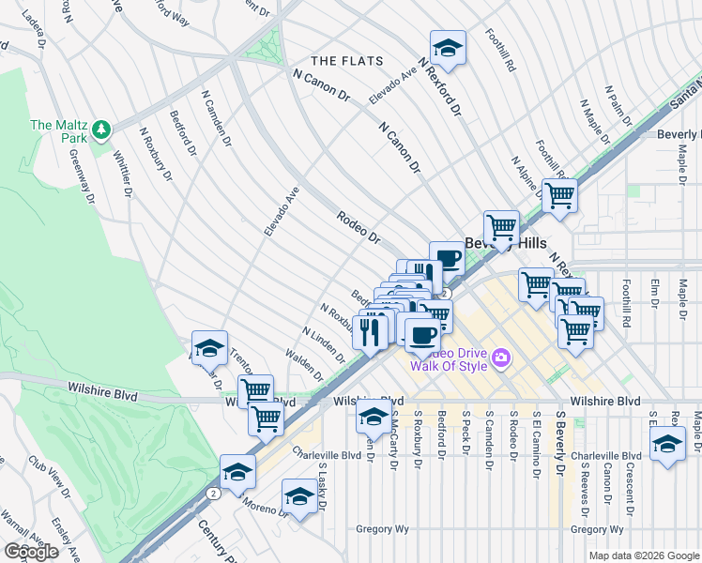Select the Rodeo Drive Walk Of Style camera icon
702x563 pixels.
pyautogui.click(x=501, y=357)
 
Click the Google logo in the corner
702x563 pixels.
pyautogui.click(x=31, y=552)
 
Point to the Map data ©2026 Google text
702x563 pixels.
pyautogui.click(x=644, y=555)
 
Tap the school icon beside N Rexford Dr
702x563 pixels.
pyautogui.click(x=449, y=50)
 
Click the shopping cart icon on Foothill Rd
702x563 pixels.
pyautogui.click(x=559, y=197)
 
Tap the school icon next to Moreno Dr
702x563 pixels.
pyautogui.click(x=299, y=497)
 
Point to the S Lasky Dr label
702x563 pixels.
pyautogui.click(x=322, y=487)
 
